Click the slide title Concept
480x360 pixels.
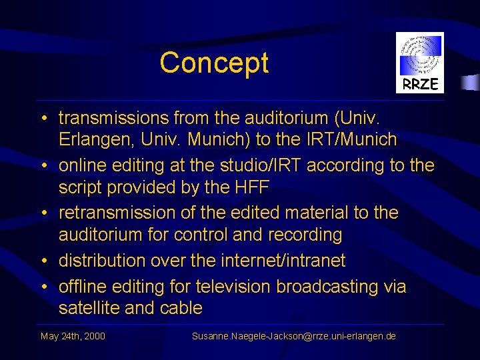point(214,63)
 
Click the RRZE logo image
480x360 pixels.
point(419,63)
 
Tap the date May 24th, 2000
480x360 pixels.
point(73,336)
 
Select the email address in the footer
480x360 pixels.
point(293,336)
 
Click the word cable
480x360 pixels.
point(181,308)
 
